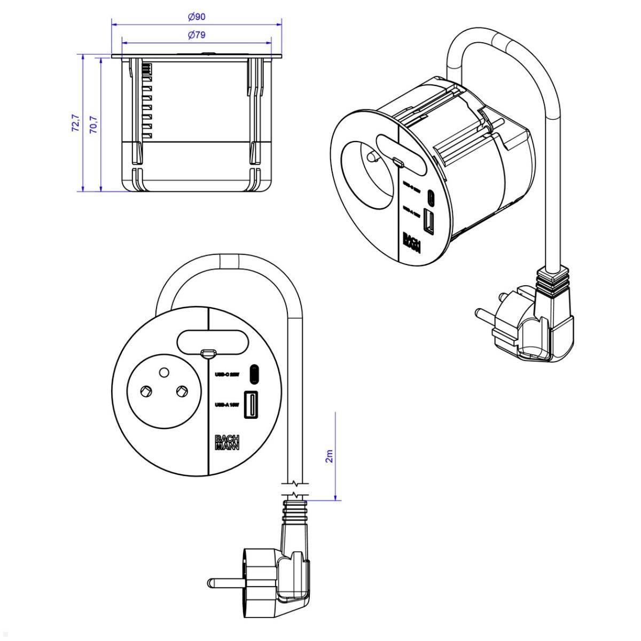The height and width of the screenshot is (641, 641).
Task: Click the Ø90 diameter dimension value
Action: (x=197, y=17)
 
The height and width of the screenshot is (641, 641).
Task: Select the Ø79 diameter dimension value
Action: (x=197, y=35)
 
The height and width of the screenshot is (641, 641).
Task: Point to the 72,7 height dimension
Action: (x=75, y=122)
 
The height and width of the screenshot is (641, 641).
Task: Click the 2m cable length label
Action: (x=329, y=456)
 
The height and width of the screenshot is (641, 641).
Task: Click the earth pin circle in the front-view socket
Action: (x=165, y=372)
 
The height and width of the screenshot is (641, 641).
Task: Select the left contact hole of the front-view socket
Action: (x=144, y=393)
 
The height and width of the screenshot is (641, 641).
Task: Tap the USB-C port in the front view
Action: (x=254, y=374)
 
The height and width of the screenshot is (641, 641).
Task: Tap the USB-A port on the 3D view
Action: (x=428, y=221)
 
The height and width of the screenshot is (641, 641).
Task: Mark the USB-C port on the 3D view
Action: (x=431, y=197)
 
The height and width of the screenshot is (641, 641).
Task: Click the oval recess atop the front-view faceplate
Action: (x=212, y=342)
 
